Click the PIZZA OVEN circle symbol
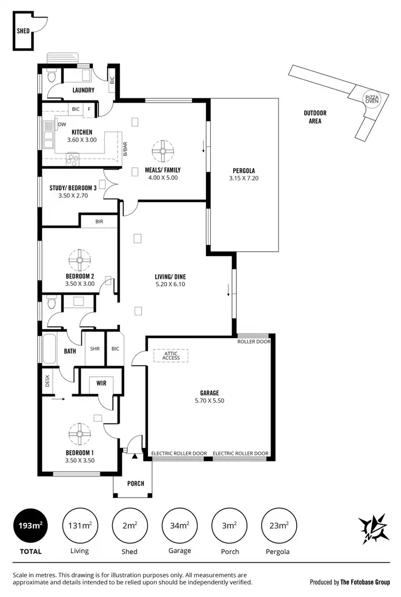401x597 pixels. pyautogui.click(x=371, y=98)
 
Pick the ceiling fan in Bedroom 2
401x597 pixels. pyautogui.click(x=80, y=260)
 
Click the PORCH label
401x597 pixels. pyautogui.click(x=136, y=484)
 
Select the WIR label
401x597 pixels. pyautogui.click(x=102, y=383)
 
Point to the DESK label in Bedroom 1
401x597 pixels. pyautogui.click(x=47, y=381)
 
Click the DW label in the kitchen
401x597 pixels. pyautogui.click(x=63, y=125)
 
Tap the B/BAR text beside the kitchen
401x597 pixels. pyautogui.click(x=125, y=149)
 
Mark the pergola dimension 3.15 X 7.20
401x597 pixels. pyautogui.click(x=244, y=179)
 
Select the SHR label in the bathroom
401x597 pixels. pyautogui.click(x=95, y=349)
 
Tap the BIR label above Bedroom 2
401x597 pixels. pyautogui.click(x=99, y=221)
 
